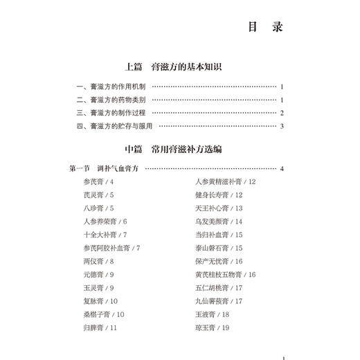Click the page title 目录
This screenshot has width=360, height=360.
click(266, 28)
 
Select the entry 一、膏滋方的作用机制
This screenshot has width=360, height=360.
click(111, 87)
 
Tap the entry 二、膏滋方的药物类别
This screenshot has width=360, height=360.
click(111, 100)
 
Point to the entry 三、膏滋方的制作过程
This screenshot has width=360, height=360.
click(111, 113)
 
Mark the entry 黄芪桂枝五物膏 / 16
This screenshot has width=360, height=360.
click(226, 275)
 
